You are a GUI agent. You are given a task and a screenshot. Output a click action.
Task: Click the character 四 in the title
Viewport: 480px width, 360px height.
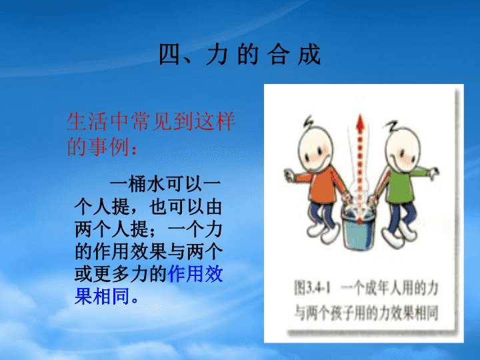169,54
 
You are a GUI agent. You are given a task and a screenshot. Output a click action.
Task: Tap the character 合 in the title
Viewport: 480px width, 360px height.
278,54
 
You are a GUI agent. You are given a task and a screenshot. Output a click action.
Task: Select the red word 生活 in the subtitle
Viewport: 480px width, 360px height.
87,122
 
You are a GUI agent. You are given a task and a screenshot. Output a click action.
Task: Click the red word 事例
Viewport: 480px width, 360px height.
108,146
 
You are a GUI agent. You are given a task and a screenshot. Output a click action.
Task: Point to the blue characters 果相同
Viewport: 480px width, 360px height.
102,296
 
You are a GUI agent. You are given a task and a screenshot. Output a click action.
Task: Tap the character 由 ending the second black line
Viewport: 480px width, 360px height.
214,207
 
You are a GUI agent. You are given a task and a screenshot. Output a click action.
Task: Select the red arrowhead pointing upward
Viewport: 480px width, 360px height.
360,122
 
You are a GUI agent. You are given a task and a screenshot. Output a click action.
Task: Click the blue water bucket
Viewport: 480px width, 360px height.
358,229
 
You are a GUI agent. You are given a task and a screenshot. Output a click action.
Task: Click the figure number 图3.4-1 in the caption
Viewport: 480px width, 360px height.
312,287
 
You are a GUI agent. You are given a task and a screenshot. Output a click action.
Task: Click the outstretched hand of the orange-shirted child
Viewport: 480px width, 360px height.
289,175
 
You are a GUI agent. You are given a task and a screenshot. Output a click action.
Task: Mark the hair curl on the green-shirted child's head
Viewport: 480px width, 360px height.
391,125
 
